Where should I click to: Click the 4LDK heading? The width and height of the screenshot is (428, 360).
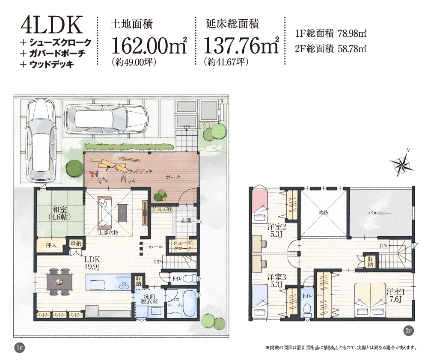click(x=52, y=25)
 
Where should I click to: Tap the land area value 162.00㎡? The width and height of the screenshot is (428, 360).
click(x=149, y=45)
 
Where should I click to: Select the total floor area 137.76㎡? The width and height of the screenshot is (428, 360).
click(x=241, y=45)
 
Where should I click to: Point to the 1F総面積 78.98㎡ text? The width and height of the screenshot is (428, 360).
click(x=330, y=34)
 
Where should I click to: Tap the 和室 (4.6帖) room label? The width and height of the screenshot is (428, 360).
click(x=60, y=213)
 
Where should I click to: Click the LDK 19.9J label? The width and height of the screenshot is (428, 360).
click(x=92, y=263)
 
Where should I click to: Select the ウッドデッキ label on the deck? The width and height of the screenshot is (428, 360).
click(x=140, y=171)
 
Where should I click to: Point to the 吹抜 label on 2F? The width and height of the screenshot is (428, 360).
click(x=324, y=212)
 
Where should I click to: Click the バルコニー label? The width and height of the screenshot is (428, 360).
click(x=380, y=213)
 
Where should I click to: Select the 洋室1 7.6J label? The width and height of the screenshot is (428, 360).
click(x=395, y=295)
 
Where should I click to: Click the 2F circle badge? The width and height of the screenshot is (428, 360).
click(x=408, y=331)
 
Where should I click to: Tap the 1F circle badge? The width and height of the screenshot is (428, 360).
click(x=19, y=348)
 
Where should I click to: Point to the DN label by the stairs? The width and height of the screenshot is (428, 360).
click(x=383, y=246)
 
